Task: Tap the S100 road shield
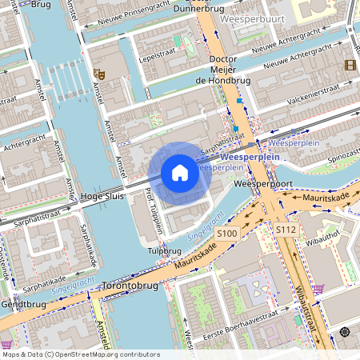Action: [x=227, y=233]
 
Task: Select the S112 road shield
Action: [x=286, y=230]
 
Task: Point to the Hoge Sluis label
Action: [x=103, y=196]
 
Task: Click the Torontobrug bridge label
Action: [x=129, y=285]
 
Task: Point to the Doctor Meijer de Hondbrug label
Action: [x=225, y=70]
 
